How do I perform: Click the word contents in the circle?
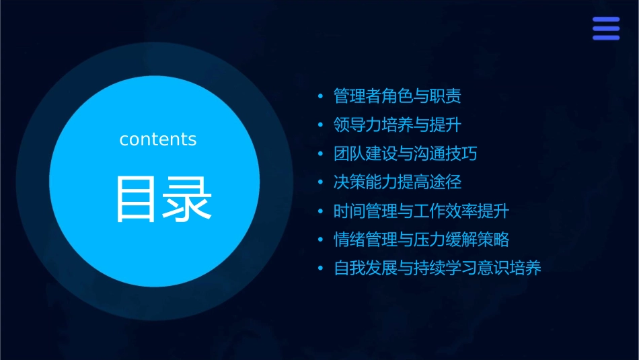click(158, 139)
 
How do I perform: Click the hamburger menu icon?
click(606, 28)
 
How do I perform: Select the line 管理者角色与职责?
click(397, 96)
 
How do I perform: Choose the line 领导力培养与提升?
click(397, 125)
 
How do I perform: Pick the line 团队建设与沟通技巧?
click(405, 153)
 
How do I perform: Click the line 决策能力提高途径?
click(397, 182)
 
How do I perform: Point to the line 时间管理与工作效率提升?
click(421, 211)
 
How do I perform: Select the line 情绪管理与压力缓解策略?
click(421, 240)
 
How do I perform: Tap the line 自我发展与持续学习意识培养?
click(437, 268)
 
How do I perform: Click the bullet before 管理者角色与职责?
click(321, 97)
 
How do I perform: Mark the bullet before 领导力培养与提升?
click(321, 126)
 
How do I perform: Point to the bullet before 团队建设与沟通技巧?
click(321, 154)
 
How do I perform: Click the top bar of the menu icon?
click(606, 20)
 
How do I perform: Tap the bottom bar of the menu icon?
click(606, 38)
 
